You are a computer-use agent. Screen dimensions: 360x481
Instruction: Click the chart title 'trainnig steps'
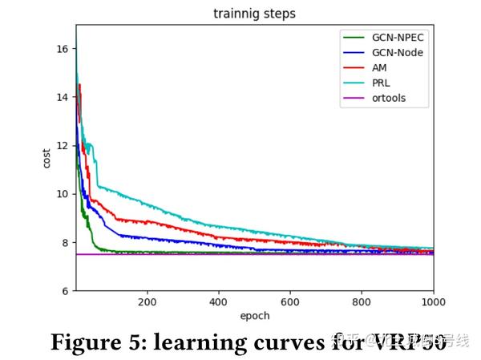(254, 14)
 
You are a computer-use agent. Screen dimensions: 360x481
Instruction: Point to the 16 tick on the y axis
(63, 48)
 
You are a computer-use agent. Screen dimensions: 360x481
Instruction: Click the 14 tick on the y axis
(63, 97)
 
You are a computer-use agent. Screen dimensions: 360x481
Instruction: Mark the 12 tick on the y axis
(63, 145)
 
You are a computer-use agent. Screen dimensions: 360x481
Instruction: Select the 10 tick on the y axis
(63, 194)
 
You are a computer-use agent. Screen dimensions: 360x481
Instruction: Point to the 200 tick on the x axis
(147, 302)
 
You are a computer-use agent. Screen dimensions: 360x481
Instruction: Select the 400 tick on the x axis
(218, 302)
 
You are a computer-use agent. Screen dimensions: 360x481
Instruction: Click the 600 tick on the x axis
(290, 302)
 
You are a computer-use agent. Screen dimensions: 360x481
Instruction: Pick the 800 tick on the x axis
(362, 302)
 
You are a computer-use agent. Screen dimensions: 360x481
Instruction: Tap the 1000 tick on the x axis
(431, 302)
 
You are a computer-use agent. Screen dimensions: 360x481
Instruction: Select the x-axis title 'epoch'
(254, 316)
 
